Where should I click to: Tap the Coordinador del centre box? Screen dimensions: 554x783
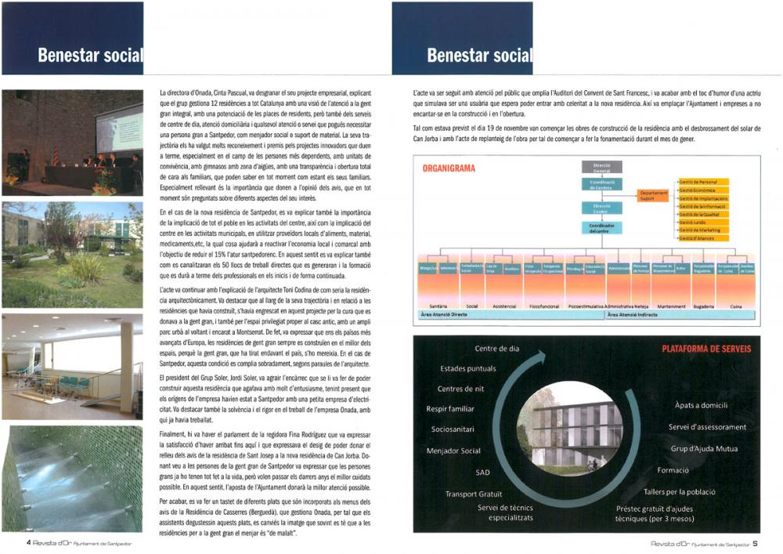(x=601, y=228)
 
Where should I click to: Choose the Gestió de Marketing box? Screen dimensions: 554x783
(x=703, y=230)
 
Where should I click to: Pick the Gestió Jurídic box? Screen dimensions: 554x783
(x=703, y=223)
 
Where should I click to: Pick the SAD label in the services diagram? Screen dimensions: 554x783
(x=482, y=473)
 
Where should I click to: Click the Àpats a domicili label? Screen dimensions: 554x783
(x=702, y=405)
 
